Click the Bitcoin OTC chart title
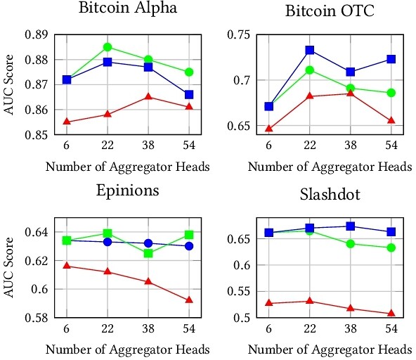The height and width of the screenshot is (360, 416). pos(329,11)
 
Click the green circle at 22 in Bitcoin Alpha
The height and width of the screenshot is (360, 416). pos(108,47)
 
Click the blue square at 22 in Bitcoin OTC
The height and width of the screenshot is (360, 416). pos(309,50)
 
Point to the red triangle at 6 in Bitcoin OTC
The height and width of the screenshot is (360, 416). pos(268,129)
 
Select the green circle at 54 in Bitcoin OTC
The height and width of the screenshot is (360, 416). pos(391,93)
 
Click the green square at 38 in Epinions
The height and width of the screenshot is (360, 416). pos(148,253)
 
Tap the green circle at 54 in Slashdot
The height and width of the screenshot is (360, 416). pos(391,247)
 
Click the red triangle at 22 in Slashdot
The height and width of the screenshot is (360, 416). pos(309,301)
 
